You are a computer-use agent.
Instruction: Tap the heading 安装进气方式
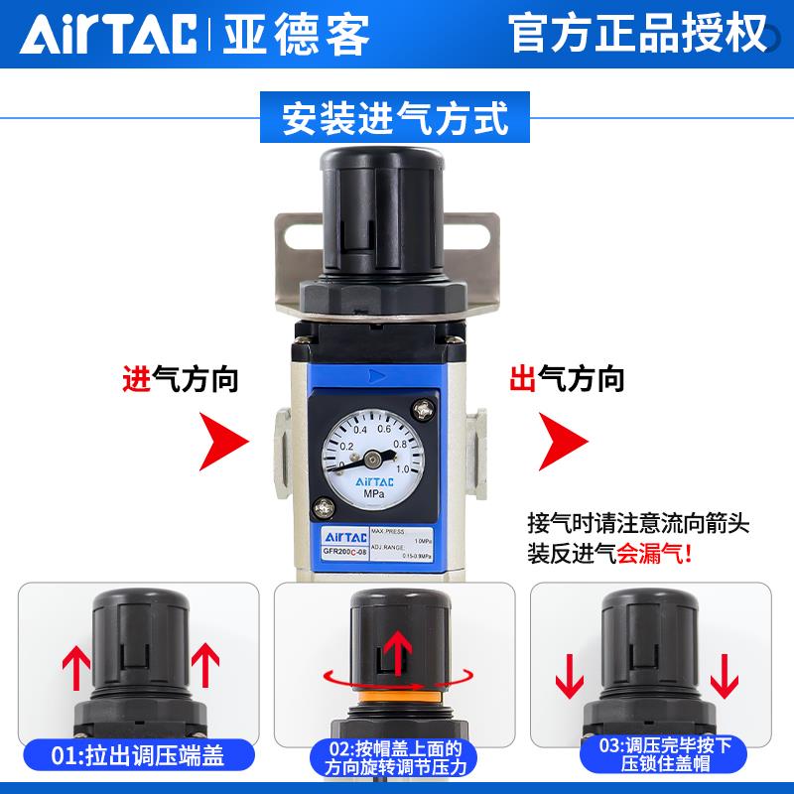pyautogui.click(x=396, y=118)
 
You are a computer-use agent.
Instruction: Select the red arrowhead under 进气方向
pyautogui.click(x=221, y=440)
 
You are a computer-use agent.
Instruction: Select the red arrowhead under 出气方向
pyautogui.click(x=560, y=440)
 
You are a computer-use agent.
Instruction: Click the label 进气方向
pyautogui.click(x=181, y=378)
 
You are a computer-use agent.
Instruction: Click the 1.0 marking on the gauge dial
pyautogui.click(x=403, y=468)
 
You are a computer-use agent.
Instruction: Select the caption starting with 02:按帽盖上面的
pyautogui.click(x=395, y=759)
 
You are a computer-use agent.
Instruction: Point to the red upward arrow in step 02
pyautogui.click(x=395, y=652)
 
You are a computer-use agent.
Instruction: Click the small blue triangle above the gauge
pyautogui.click(x=374, y=376)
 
